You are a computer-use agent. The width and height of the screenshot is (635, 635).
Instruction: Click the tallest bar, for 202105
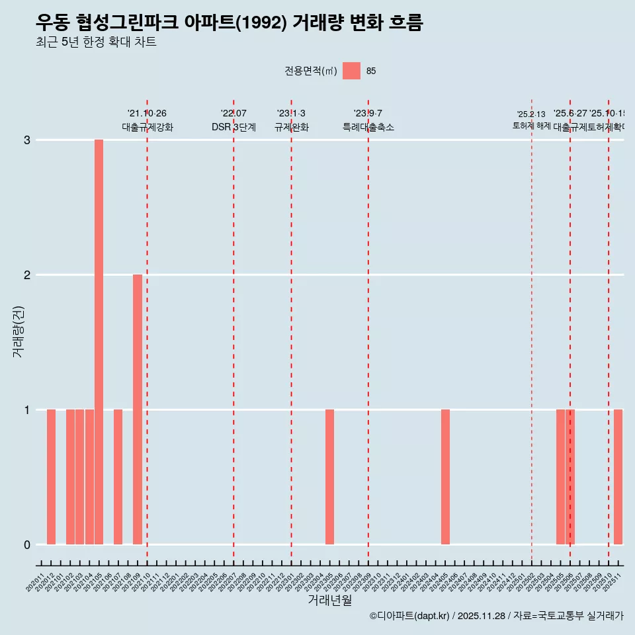click(99, 341)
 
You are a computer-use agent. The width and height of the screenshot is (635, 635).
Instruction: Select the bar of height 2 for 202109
click(138, 409)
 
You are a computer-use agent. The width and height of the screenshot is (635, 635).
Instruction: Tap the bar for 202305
click(329, 476)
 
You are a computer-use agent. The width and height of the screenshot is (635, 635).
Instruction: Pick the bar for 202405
click(445, 476)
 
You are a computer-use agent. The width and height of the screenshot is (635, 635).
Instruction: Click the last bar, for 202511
click(618, 476)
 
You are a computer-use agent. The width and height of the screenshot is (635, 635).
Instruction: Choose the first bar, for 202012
click(51, 476)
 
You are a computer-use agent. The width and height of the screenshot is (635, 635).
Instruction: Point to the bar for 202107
click(118, 476)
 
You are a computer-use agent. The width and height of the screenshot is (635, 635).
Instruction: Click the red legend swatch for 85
click(351, 71)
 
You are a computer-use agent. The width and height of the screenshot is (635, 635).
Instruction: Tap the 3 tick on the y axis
click(27, 140)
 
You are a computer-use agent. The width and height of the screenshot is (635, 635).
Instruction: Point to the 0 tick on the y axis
click(27, 544)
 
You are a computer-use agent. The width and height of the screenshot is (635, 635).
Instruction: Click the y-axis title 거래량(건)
click(19, 331)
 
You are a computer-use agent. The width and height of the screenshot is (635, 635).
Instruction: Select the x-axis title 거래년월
click(329, 600)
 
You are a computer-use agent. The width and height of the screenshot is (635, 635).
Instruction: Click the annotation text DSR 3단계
click(233, 127)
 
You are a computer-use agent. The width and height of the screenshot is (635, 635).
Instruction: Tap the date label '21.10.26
click(147, 114)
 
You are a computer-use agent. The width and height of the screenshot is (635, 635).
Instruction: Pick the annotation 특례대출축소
click(368, 127)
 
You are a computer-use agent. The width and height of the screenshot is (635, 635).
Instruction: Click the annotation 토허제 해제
click(531, 125)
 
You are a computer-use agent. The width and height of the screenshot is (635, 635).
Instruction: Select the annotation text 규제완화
click(291, 127)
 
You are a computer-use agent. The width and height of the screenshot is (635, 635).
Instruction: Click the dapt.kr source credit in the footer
click(410, 616)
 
